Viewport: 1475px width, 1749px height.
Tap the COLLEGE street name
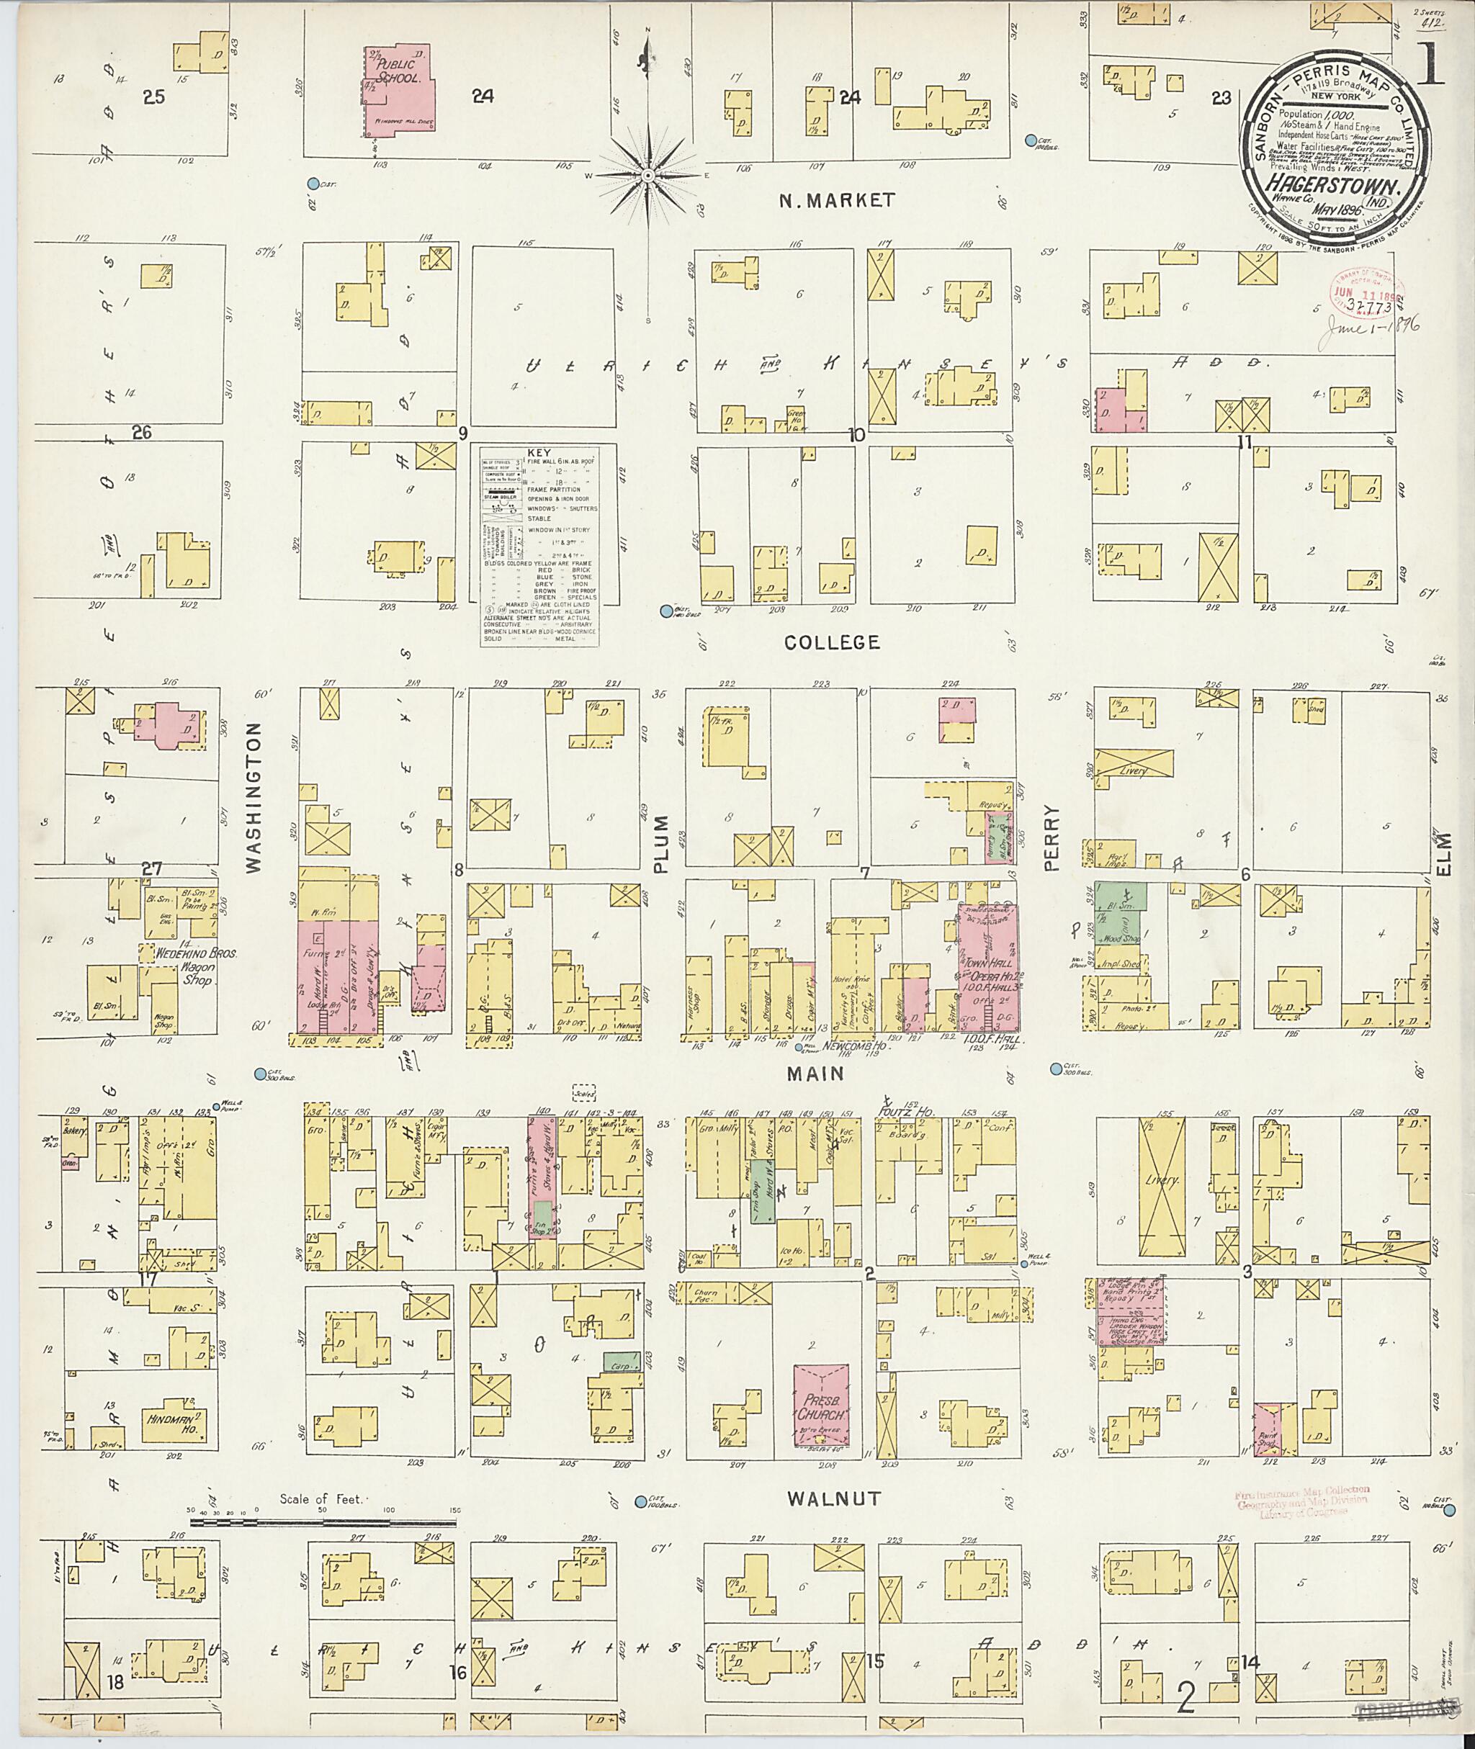pyautogui.click(x=831, y=642)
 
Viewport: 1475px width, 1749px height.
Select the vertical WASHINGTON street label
pyautogui.click(x=254, y=799)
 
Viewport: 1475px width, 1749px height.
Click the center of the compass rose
pyautogui.click(x=647, y=175)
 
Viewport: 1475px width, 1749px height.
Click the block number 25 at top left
pyautogui.click(x=154, y=97)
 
